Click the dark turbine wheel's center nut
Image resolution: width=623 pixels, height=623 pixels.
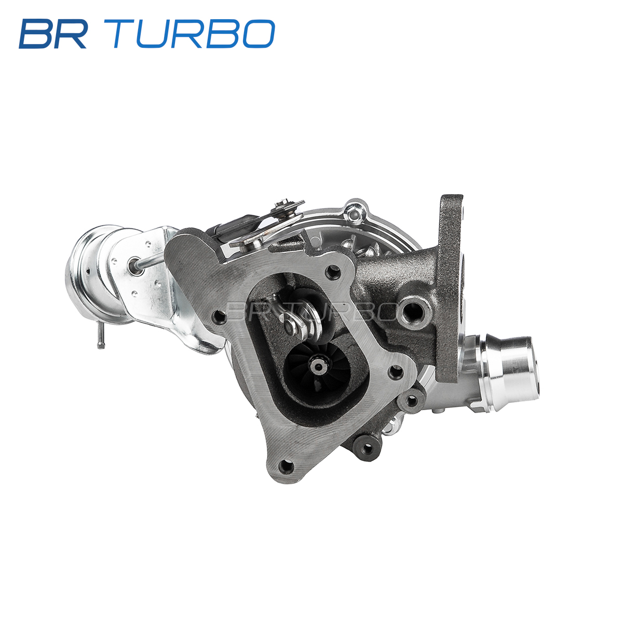click(318, 367)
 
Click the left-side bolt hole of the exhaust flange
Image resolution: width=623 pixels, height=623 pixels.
click(220, 317)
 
